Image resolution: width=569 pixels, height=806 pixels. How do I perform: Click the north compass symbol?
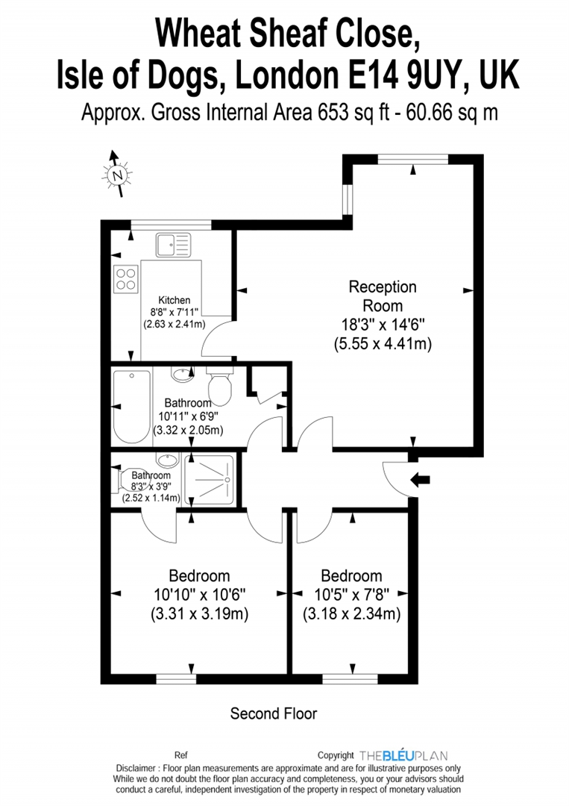point(116,175)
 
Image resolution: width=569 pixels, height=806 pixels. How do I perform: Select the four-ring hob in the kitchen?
point(125,278)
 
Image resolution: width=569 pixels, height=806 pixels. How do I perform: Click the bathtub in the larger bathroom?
point(132,404)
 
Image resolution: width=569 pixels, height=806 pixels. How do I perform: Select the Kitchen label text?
point(174,300)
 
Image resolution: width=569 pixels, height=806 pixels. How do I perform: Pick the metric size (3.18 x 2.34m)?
point(351,615)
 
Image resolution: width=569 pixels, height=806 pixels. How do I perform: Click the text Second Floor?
point(274,713)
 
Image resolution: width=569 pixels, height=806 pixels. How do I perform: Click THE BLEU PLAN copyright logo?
point(403,755)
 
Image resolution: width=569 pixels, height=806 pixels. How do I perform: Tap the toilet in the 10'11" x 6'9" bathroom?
point(220,388)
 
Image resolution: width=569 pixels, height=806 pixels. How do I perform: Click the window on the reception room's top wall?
point(412,158)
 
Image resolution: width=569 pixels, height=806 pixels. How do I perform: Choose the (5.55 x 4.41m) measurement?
point(383,344)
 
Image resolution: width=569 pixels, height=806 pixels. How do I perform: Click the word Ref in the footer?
point(180,755)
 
